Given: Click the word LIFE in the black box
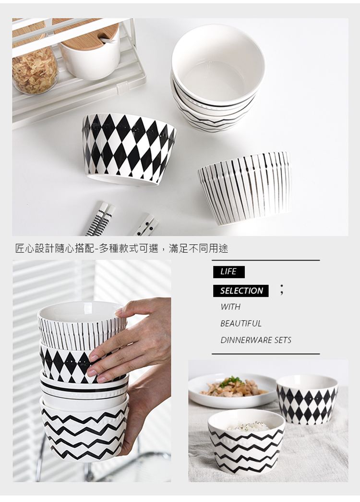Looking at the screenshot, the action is (228, 271).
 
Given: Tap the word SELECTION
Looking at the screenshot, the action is (241, 291).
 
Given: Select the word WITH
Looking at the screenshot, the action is (230, 306).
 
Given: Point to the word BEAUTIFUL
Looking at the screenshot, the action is (240, 323).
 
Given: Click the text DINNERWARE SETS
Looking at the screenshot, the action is (256, 340).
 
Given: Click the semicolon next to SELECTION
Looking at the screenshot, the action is (281, 290).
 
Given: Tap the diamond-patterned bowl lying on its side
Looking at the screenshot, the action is (129, 148).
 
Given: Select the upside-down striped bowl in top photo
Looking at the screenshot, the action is (244, 188).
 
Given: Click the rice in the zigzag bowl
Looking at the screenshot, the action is (246, 426).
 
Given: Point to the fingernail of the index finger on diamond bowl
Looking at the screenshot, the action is (94, 357).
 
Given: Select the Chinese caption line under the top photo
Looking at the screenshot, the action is (121, 248).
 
